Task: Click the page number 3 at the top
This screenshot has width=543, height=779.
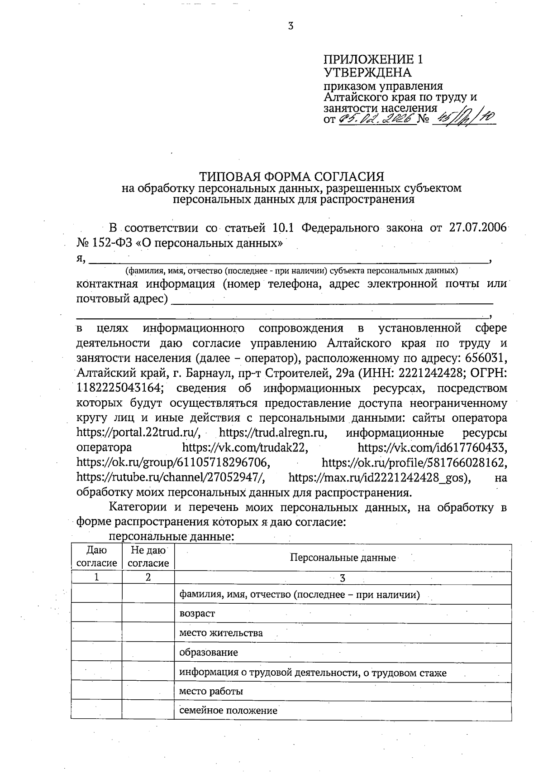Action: (x=291, y=26)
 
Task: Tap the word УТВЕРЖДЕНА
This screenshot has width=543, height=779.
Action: (x=367, y=72)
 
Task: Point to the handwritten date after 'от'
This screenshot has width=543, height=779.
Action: (x=376, y=119)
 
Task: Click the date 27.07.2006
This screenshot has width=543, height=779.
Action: (x=477, y=227)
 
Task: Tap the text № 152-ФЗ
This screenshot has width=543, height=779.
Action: (x=104, y=242)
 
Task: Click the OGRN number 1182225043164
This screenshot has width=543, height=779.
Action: (x=119, y=388)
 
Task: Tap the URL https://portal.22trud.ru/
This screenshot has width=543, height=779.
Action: (x=138, y=432)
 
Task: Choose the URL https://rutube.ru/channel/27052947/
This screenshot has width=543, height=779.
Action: (x=171, y=477)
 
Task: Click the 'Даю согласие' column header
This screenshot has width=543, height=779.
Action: (x=96, y=557)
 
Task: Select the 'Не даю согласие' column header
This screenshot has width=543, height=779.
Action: (x=148, y=557)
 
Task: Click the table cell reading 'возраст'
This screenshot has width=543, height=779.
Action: (x=197, y=613)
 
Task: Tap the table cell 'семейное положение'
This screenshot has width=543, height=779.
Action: (x=228, y=710)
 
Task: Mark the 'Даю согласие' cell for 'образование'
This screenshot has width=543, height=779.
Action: (x=96, y=652)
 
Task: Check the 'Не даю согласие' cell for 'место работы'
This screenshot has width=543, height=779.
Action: (x=148, y=691)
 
